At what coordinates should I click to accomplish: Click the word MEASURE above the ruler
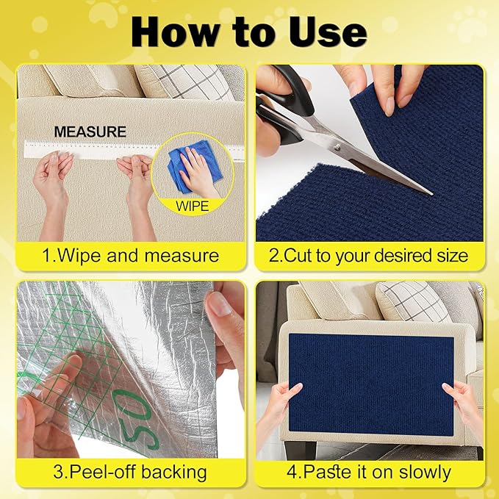[x=90, y=132]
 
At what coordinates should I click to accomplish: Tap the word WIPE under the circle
[x=191, y=207]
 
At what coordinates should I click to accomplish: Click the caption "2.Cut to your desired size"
[x=369, y=256]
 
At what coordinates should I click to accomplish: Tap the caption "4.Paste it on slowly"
[x=369, y=472]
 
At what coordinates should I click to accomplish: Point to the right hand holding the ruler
[x=137, y=180]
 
